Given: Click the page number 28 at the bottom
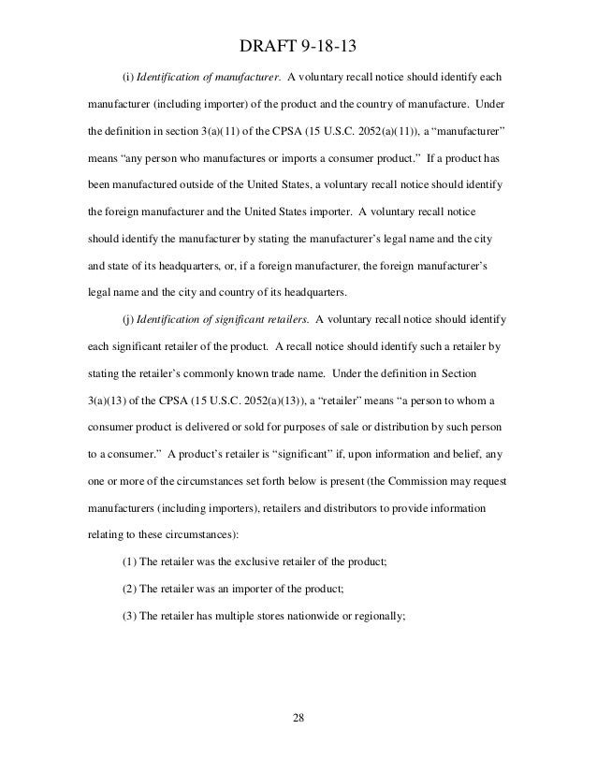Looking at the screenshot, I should click(x=298, y=722).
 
